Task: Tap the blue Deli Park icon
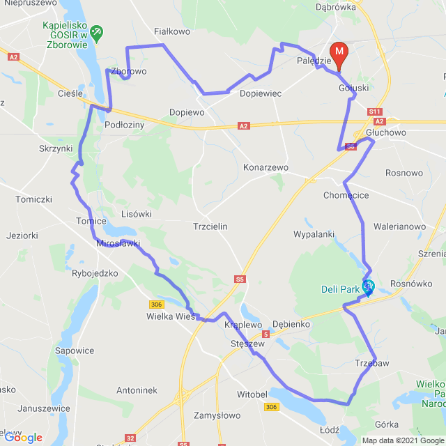(367, 286)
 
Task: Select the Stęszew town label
(247, 343)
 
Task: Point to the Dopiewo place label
(187, 112)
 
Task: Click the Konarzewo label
(266, 168)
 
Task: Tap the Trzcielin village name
(210, 226)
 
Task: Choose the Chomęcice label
(346, 195)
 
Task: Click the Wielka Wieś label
(170, 316)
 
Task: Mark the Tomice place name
(91, 221)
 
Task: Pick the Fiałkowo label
(171, 31)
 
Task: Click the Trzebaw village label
(371, 363)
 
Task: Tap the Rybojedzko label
(95, 273)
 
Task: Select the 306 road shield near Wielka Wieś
(157, 304)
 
